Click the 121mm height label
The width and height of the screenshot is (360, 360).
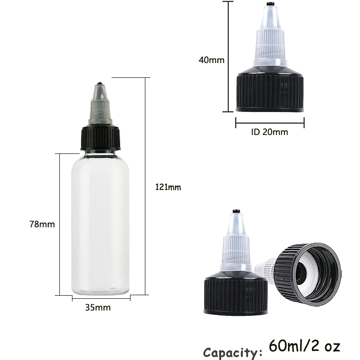[168, 187]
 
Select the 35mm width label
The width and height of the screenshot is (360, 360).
[98, 308]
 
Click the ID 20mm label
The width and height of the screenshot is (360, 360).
[269, 132]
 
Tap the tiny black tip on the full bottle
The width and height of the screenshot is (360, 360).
[100, 84]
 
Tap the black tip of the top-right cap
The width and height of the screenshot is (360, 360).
[270, 4]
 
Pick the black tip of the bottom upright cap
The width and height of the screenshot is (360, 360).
[235, 211]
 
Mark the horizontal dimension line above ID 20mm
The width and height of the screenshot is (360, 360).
[270, 122]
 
